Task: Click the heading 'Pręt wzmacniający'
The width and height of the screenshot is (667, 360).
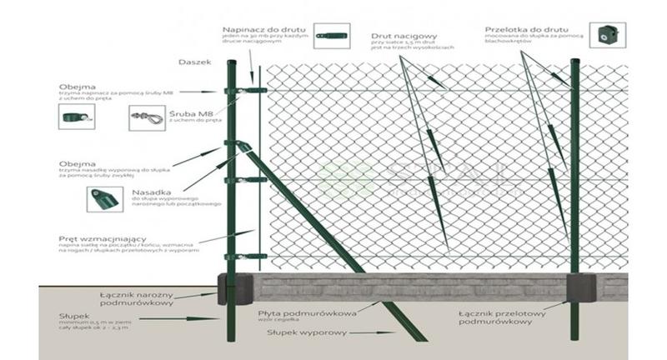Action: pos(98,237)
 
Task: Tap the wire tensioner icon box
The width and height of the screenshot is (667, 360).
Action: pos(335,35)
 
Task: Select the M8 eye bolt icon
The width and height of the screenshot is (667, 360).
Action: pos(146,117)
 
